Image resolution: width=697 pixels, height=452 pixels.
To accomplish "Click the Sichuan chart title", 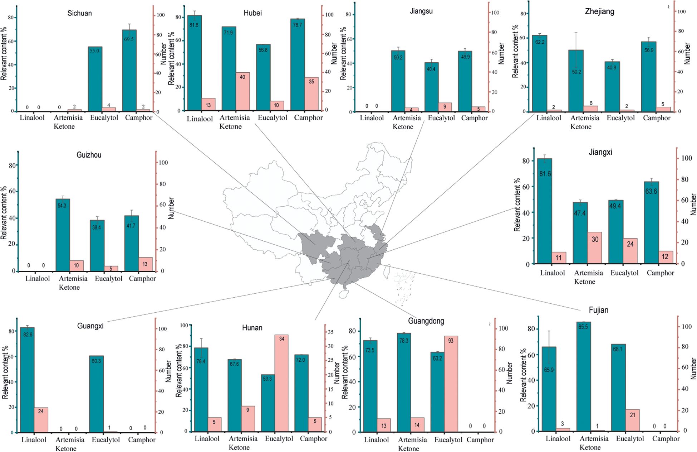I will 79,13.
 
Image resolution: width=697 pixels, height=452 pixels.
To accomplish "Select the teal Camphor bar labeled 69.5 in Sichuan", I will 129,72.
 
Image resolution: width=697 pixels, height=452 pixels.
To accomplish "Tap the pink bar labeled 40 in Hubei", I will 242,91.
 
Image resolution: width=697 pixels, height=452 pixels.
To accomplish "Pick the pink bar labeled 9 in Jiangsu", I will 445,107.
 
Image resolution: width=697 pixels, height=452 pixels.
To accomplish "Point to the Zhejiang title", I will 599,11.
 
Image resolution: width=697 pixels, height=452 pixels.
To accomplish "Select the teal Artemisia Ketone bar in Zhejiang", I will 576,81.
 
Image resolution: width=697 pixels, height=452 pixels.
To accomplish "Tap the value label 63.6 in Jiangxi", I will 651,191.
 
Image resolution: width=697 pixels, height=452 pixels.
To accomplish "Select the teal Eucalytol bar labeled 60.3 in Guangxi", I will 96,394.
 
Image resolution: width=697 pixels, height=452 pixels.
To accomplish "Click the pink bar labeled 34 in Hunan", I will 281,383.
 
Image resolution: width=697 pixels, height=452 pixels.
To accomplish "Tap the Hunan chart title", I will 252,328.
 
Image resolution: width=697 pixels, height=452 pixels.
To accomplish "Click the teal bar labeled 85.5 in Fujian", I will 584,376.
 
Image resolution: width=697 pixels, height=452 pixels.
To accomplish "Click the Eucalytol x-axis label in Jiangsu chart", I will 441,118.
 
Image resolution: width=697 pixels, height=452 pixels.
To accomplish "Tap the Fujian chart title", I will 598,310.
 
